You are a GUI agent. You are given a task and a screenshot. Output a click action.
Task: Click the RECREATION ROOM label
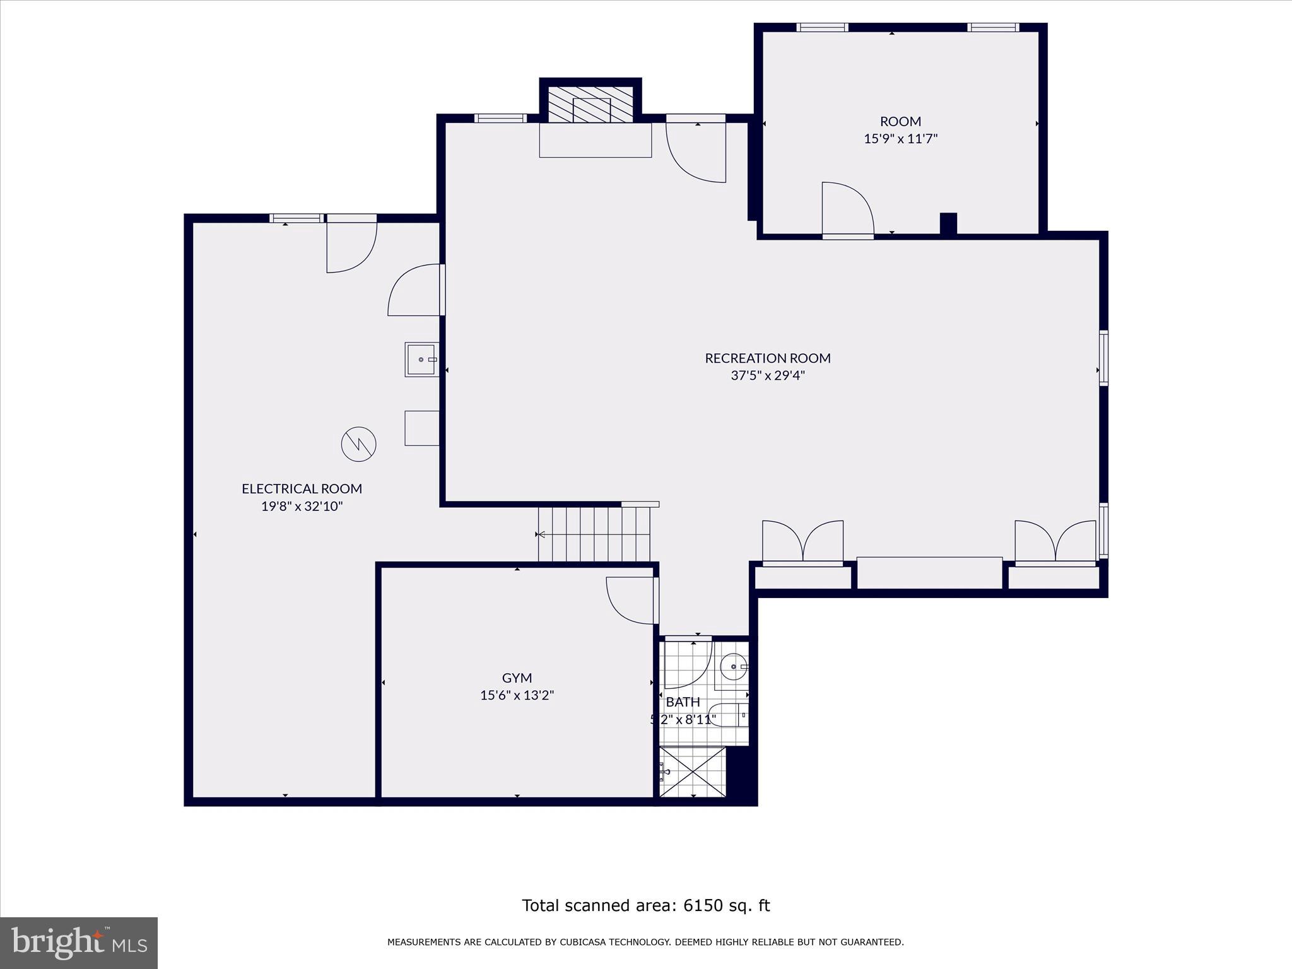(x=768, y=358)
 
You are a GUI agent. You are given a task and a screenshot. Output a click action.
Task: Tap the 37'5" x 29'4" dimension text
(x=768, y=376)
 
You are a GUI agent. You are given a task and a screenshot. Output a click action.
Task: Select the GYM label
(x=517, y=678)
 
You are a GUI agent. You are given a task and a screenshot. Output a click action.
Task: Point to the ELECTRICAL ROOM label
(x=302, y=489)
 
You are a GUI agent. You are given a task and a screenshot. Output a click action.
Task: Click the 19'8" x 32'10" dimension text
(x=302, y=507)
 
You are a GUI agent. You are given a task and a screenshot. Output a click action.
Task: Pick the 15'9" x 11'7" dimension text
(x=901, y=139)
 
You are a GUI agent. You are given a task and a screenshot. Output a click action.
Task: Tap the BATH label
(x=683, y=702)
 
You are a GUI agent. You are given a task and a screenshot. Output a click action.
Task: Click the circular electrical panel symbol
(x=359, y=444)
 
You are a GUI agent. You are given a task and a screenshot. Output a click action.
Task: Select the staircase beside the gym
(x=594, y=534)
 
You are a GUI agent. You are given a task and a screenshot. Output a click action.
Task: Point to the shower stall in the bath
(x=693, y=772)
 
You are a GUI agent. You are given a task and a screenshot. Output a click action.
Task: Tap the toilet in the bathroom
(x=729, y=715)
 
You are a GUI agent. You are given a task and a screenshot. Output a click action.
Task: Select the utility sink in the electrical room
(x=422, y=360)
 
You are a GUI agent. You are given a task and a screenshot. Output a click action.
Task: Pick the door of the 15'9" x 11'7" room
(x=848, y=210)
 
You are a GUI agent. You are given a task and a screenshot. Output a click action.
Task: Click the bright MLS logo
(x=79, y=943)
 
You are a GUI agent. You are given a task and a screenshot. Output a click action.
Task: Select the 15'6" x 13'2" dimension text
(x=517, y=696)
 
